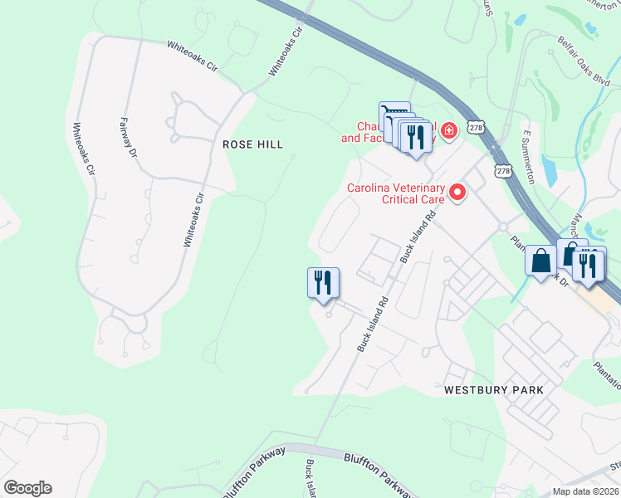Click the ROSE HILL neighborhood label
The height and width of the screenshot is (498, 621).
click(253, 144)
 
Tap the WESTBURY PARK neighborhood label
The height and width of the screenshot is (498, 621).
click(493, 389)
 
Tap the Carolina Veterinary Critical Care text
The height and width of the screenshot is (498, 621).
click(395, 193)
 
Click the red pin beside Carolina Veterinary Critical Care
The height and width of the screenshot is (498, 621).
click(457, 193)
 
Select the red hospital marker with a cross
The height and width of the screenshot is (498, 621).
click(448, 131)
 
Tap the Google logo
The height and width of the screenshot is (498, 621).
click(27, 488)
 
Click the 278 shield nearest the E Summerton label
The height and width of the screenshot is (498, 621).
click(503, 170)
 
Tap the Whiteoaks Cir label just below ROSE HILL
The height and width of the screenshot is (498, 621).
click(193, 220)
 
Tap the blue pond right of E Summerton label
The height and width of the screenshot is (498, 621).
click(549, 169)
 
